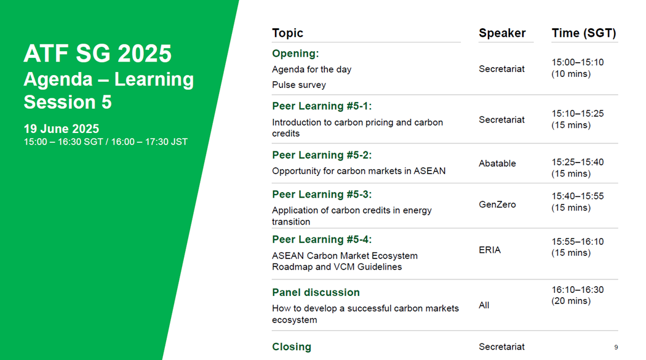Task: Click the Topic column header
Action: pyautogui.click(x=287, y=33)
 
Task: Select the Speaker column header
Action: pyautogui.click(x=502, y=33)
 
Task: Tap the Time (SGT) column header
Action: pyautogui.click(x=584, y=33)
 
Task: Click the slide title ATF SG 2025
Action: pyautogui.click(x=97, y=54)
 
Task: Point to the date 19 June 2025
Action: pyautogui.click(x=62, y=129)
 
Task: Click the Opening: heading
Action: pyautogui.click(x=295, y=54)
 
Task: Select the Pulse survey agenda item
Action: pyautogui.click(x=298, y=85)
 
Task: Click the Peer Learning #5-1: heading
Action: pyautogui.click(x=322, y=106)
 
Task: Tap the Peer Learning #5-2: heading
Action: pyautogui.click(x=322, y=155)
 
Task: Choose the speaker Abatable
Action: pyautogui.click(x=497, y=164)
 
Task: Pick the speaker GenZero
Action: pyautogui.click(x=497, y=205)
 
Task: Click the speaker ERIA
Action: pyautogui.click(x=490, y=250)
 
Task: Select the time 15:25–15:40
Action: pyautogui.click(x=578, y=162)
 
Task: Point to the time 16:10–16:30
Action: pyautogui.click(x=578, y=290)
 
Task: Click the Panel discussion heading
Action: pyautogui.click(x=316, y=292)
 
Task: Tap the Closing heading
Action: pyautogui.click(x=292, y=347)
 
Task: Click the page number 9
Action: pyautogui.click(x=616, y=347)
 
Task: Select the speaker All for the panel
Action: pyautogui.click(x=484, y=305)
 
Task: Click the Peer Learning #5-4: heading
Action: pyautogui.click(x=322, y=240)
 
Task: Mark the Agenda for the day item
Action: pyautogui.click(x=311, y=70)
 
